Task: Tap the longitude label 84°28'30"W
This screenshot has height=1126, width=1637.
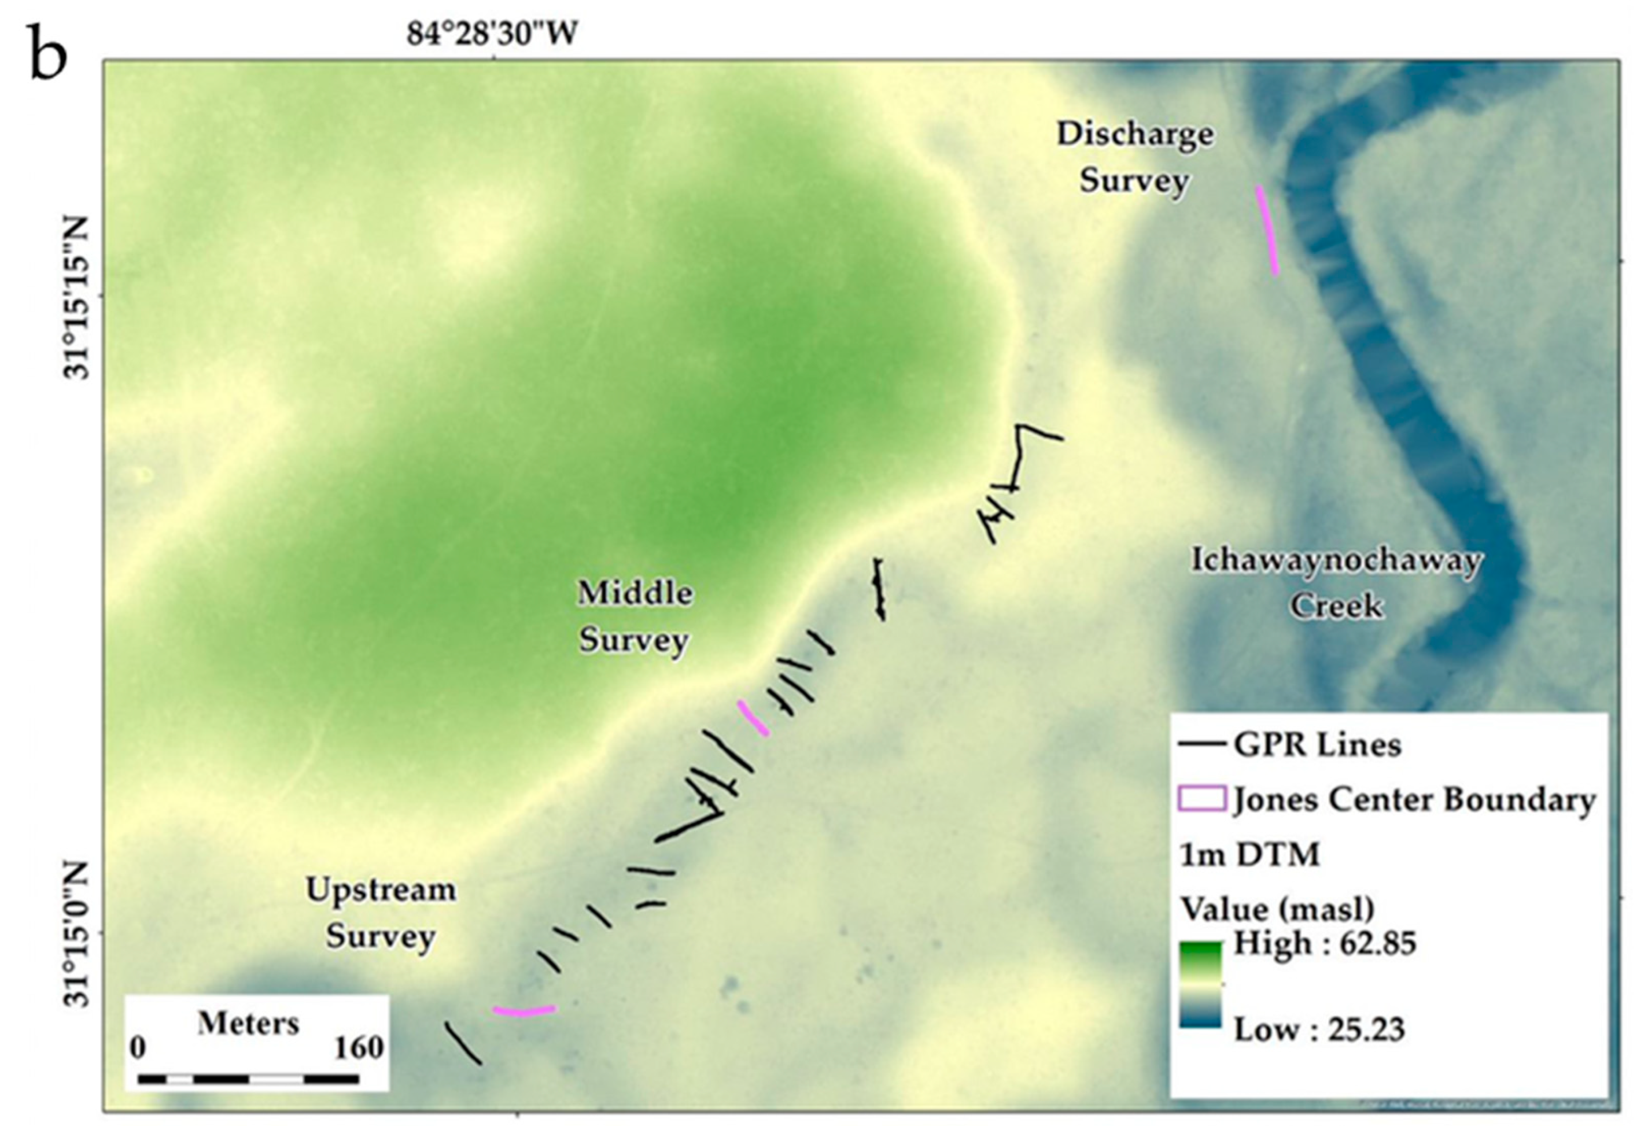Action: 492,33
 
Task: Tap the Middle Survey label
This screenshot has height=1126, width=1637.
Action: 635,616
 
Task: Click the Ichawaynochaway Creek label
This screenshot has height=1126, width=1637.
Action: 1336,583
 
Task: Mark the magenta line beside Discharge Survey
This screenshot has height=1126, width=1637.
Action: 1267,229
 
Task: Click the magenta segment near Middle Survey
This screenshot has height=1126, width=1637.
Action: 753,718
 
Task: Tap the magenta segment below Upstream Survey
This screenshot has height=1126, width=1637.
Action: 524,1011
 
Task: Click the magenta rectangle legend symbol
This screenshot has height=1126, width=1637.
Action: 1201,799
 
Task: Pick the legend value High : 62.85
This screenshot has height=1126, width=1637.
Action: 1325,943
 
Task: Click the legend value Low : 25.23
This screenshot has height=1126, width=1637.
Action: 1319,1029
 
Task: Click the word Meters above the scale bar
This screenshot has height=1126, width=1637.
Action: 248,1023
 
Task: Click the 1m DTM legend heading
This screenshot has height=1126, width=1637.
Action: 1249,855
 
